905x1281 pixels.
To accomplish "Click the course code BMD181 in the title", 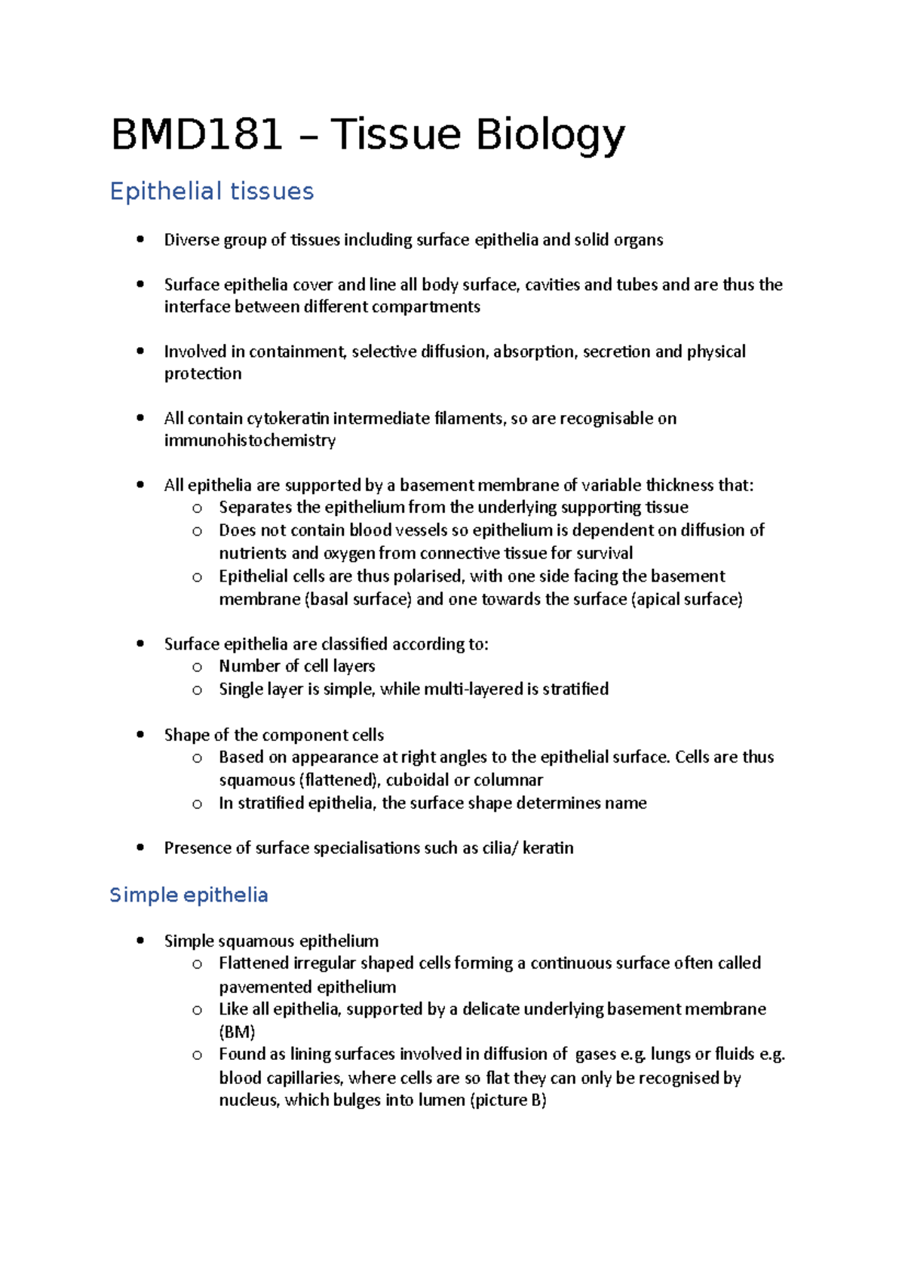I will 197,136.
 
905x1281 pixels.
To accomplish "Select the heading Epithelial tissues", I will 212,191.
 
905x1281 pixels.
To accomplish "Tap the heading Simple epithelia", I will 189,895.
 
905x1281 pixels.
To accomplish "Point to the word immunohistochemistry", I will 250,441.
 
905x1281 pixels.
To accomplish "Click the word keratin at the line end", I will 548,848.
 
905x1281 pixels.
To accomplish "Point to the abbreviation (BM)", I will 237,1032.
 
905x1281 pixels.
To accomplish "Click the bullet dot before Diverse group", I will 140,240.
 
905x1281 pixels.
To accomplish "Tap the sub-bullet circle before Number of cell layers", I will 197,667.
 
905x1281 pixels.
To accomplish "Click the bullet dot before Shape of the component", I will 140,735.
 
